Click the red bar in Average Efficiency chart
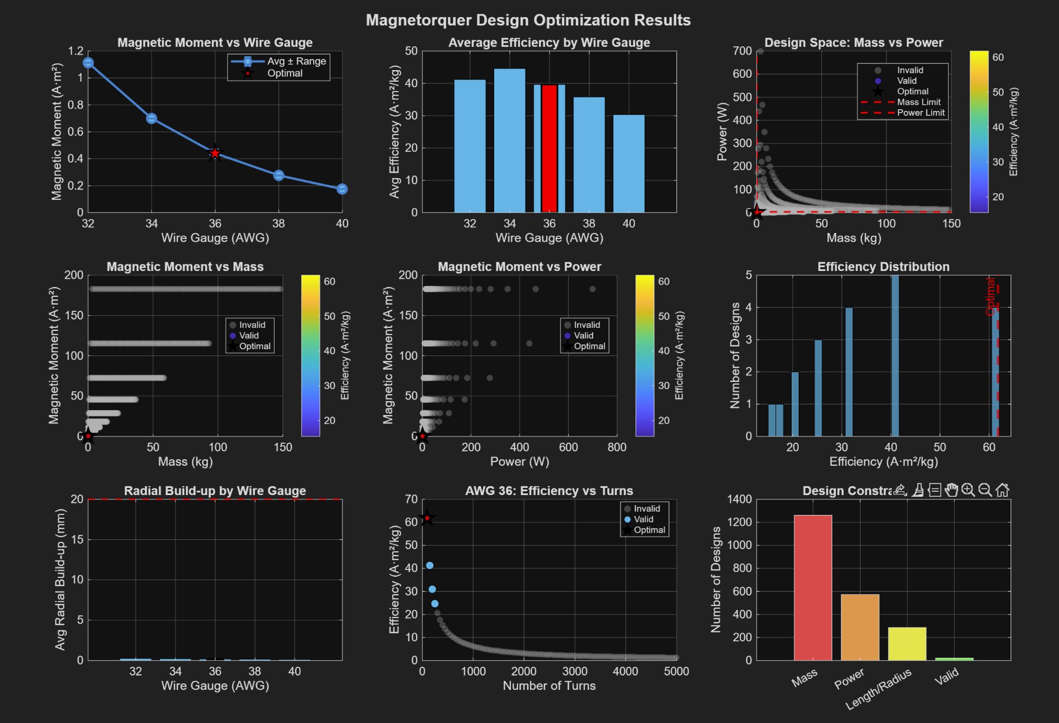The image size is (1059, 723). (549, 149)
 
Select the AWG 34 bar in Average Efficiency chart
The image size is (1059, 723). (509, 141)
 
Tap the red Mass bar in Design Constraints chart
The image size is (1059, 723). (812, 588)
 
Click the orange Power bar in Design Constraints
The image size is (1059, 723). (860, 628)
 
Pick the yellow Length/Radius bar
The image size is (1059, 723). (907, 644)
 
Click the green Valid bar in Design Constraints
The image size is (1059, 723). (954, 659)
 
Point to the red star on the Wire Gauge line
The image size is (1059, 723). (215, 153)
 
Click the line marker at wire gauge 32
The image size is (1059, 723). (88, 63)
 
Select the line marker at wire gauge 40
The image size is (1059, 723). (342, 189)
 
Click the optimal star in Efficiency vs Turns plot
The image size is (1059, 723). (427, 518)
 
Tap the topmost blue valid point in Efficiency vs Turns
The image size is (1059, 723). (430, 566)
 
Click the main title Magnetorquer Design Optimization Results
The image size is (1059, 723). (528, 20)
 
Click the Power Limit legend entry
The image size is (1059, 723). (920, 113)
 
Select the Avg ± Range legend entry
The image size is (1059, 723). (296, 61)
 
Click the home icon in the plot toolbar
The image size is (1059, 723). (1002, 490)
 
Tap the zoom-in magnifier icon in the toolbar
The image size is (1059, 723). (968, 490)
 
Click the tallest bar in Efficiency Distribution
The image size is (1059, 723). (895, 356)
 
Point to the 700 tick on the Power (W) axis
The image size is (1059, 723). (742, 51)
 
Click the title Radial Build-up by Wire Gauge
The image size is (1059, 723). (215, 491)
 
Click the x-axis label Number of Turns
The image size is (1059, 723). (549, 685)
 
